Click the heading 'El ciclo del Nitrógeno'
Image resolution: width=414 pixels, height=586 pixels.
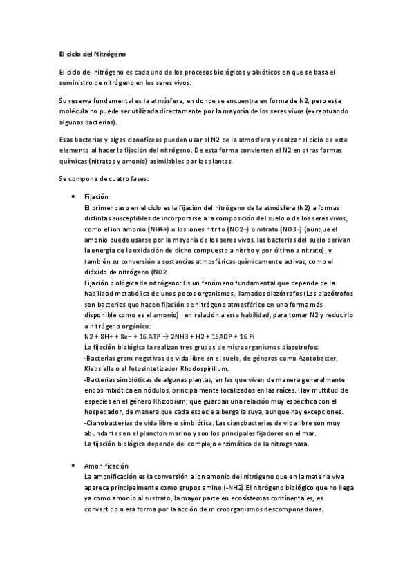coord(92,54)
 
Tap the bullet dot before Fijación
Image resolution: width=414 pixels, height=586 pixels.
coord(73,197)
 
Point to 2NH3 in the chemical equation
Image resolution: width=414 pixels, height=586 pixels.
coord(189,335)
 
